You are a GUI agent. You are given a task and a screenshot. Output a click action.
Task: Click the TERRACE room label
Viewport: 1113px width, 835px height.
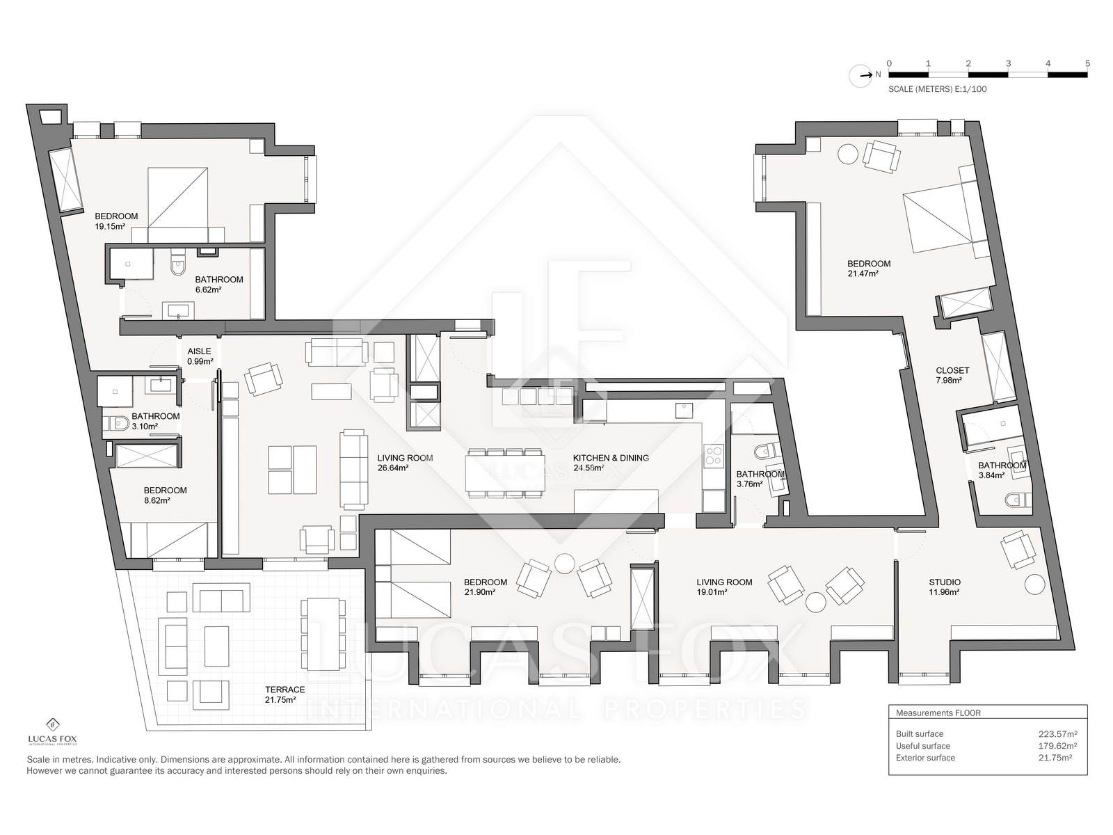tap(285, 690)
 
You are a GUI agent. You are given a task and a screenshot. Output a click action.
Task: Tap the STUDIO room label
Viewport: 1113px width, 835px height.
tap(944, 582)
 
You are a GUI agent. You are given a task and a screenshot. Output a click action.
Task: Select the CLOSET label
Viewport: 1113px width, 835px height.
tap(952, 371)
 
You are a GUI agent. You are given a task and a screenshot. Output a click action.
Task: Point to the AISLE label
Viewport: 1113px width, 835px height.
tap(199, 351)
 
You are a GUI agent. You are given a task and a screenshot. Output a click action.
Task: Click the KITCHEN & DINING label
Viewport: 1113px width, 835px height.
tap(611, 458)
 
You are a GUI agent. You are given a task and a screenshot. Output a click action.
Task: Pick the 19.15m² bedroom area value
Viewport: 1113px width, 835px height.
tap(109, 227)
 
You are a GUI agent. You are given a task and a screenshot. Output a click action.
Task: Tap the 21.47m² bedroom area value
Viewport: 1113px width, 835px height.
tap(863, 273)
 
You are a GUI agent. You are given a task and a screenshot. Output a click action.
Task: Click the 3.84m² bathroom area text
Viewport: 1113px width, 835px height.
tap(991, 475)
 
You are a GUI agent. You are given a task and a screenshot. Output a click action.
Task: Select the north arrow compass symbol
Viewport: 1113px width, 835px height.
tap(860, 76)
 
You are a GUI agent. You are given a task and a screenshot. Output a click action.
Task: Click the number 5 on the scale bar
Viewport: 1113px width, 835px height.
tap(1087, 64)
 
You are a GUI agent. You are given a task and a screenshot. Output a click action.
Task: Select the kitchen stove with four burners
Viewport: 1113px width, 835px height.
tap(713, 455)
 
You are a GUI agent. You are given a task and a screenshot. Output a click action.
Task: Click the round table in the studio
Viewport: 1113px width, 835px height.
tap(1034, 584)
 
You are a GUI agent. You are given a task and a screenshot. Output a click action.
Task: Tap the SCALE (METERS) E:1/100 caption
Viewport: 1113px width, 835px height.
tap(938, 89)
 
